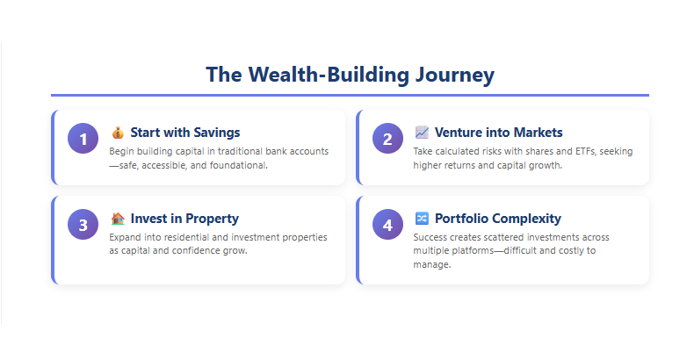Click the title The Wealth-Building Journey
(x=350, y=75)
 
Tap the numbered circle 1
(x=83, y=139)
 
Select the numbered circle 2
(x=387, y=139)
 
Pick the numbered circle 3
(x=83, y=225)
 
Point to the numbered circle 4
(x=387, y=225)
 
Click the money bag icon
(x=118, y=133)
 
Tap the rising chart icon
(x=422, y=133)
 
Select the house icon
(x=118, y=219)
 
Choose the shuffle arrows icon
(x=422, y=219)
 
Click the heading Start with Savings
(x=184, y=133)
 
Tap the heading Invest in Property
(x=184, y=219)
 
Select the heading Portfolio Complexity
(x=498, y=219)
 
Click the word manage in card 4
(x=431, y=265)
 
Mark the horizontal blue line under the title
(x=350, y=95)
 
